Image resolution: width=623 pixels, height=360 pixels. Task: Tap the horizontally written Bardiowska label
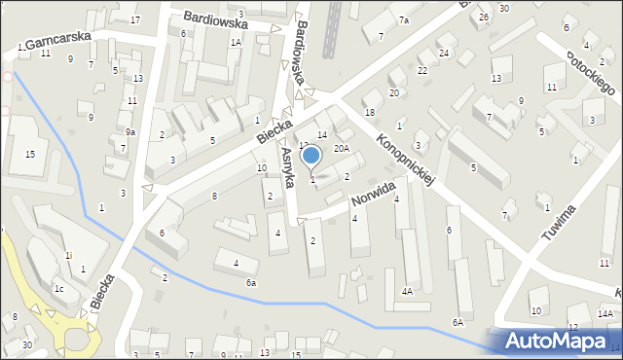216,20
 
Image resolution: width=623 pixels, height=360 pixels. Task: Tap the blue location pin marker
311,157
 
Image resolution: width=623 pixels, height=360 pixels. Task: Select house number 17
135,20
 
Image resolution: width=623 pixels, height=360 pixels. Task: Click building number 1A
236,43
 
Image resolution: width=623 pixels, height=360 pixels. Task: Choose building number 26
484,18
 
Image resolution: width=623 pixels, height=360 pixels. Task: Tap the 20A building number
341,149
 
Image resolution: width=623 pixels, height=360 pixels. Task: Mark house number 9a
130,131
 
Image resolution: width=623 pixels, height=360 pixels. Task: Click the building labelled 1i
68,255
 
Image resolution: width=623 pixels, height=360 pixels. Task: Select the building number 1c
58,289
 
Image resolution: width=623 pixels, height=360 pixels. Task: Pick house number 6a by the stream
250,282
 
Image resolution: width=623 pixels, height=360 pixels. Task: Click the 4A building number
407,291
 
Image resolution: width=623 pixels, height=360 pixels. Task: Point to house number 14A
605,313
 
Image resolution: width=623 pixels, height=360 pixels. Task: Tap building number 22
422,71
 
